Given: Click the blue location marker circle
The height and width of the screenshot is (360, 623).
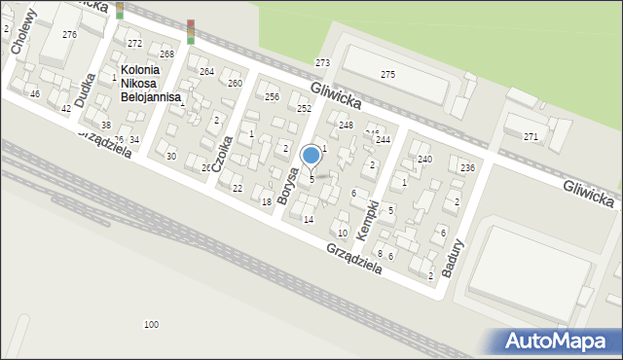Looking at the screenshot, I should [311, 155].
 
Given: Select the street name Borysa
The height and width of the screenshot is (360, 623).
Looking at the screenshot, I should [287, 185].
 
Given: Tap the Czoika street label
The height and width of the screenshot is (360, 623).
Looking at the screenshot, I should [222, 153].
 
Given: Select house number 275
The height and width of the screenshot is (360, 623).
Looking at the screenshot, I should [387, 75].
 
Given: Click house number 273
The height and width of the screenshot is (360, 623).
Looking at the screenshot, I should [322, 63].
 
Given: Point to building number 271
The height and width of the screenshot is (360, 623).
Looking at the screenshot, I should [531, 137].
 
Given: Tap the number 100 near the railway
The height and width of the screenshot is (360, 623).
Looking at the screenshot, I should [151, 324].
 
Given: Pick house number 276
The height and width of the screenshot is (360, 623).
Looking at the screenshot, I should [69, 35].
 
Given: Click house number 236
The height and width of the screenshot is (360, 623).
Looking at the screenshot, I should [467, 168].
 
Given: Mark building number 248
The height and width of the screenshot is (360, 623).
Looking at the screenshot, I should [346, 126].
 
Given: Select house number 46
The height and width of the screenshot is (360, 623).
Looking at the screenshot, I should [35, 94].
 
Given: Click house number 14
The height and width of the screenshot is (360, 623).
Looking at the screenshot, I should [309, 220].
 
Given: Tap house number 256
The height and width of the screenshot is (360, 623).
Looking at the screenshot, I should [273, 97].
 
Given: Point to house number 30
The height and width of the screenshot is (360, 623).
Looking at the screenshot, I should [171, 157].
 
